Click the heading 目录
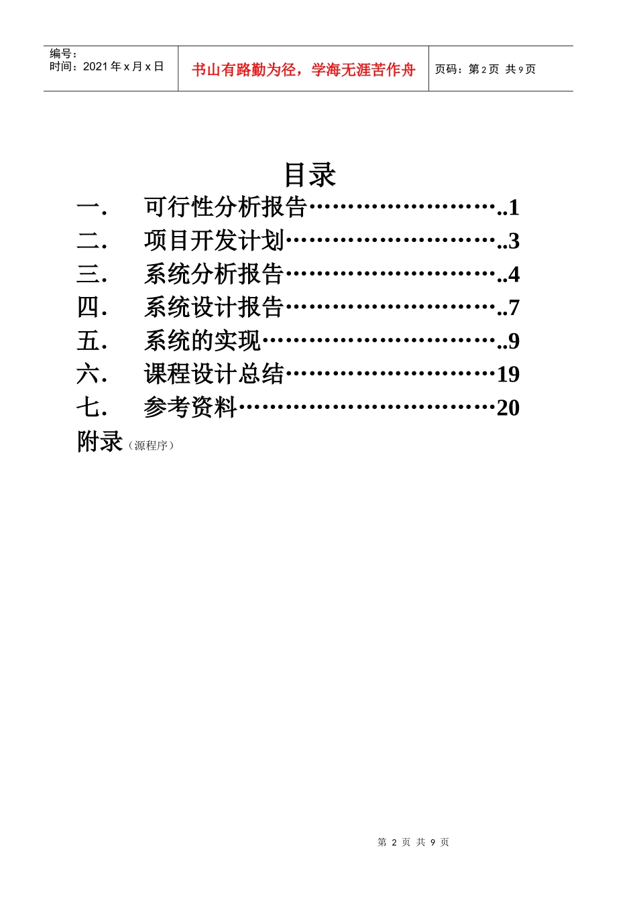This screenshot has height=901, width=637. click(310, 174)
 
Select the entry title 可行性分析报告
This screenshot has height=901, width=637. click(225, 207)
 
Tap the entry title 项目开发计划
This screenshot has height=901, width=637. click(214, 241)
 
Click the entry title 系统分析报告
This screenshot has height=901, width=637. click(214, 274)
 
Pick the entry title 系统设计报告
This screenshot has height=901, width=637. click(214, 308)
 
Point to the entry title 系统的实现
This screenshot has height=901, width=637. click(202, 341)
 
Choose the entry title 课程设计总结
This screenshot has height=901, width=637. click(214, 374)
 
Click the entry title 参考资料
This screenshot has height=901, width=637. click(190, 408)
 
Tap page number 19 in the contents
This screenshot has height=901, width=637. click(508, 375)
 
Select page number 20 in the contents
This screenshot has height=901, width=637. click(508, 408)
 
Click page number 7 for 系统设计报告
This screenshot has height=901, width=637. click(514, 308)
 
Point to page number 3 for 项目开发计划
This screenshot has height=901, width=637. click(514, 241)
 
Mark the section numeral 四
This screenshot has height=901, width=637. click(89, 308)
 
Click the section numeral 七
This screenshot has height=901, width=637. click(89, 408)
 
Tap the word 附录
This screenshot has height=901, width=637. click(100, 442)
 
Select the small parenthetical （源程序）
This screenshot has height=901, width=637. click(151, 446)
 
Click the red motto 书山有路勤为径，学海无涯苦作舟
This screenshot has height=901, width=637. click(303, 70)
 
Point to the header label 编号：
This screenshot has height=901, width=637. click(64, 54)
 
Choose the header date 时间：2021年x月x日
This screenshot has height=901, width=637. click(107, 66)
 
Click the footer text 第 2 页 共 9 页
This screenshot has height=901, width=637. click(413, 842)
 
